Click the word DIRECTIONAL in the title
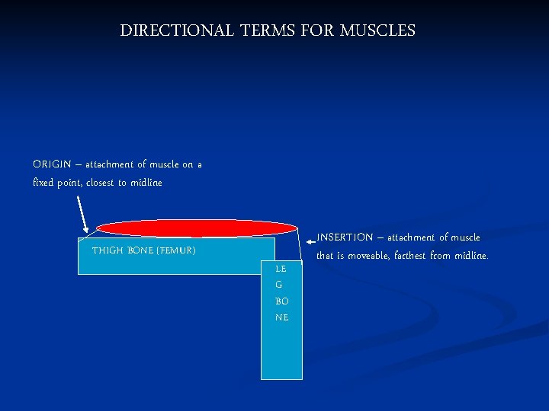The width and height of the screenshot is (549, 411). (177, 31)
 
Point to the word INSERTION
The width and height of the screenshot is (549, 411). (345, 237)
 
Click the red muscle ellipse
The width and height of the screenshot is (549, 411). (197, 228)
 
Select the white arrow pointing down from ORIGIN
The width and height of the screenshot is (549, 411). (82, 212)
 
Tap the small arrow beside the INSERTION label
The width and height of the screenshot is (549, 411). (310, 242)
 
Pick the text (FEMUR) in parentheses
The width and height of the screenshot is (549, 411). (176, 250)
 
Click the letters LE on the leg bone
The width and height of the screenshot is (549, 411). (281, 269)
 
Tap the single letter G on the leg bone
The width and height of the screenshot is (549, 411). (279, 285)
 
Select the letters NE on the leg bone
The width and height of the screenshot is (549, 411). (281, 317)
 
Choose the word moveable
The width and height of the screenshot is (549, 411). (369, 256)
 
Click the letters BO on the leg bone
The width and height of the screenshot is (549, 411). (281, 301)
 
